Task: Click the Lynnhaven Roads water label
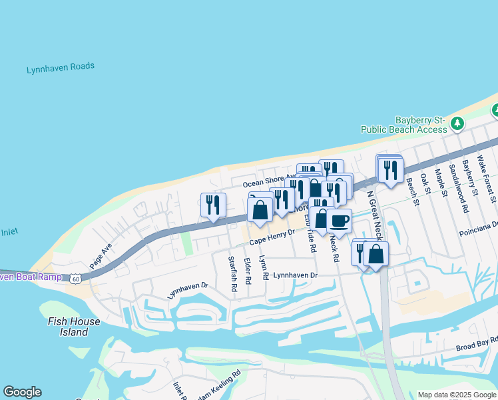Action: point(60,67)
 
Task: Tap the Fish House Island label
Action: point(74,327)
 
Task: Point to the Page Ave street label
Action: point(100,253)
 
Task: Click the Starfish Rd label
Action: point(232,274)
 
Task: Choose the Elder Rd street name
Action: point(247,271)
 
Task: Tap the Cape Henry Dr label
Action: point(272,242)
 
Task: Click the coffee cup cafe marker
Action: point(339,221)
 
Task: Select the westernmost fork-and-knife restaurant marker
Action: point(214,205)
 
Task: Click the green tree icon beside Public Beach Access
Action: point(457,123)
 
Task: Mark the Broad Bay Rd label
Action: point(476,347)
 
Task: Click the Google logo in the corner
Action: point(22,392)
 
